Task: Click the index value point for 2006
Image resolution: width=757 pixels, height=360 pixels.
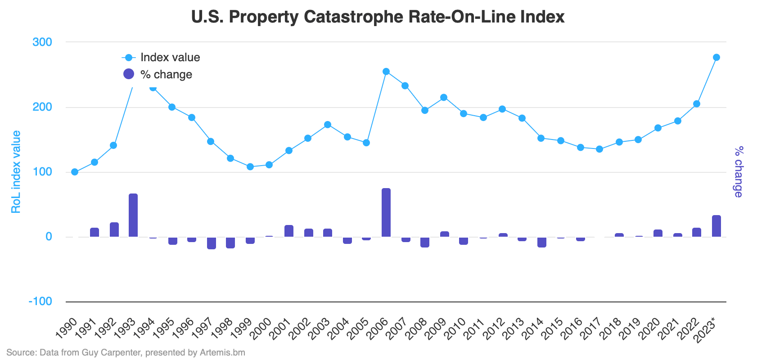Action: (386, 72)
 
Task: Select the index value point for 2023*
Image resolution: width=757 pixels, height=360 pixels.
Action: (716, 58)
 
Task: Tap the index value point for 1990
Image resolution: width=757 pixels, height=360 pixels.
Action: (75, 172)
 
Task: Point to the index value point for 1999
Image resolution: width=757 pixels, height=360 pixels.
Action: (250, 167)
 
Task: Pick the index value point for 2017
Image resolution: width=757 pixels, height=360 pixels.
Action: (599, 149)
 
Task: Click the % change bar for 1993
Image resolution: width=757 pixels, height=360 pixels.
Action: (133, 216)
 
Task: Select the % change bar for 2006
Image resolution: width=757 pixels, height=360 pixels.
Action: (386, 213)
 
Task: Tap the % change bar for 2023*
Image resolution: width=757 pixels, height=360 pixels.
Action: (716, 226)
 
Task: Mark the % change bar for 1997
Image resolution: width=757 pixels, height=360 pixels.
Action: (212, 243)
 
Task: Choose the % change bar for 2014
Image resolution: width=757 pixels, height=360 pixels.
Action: (542, 242)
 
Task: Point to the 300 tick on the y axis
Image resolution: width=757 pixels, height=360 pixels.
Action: (42, 42)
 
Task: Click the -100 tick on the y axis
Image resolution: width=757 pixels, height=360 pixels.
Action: (41, 301)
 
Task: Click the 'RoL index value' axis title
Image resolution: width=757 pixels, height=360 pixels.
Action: (16, 172)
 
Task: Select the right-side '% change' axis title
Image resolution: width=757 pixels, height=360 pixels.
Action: (739, 172)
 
